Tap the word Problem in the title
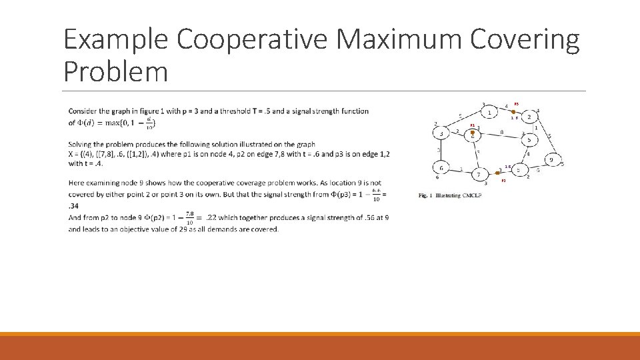click(x=115, y=71)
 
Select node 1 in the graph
click(x=490, y=113)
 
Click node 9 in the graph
click(x=551, y=161)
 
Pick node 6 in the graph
click(x=441, y=169)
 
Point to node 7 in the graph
click(x=478, y=175)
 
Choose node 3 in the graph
click(x=441, y=134)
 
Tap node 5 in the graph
click(x=529, y=141)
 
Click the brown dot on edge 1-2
click(x=513, y=111)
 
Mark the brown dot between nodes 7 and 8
click(x=497, y=173)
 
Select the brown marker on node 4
click(x=472, y=133)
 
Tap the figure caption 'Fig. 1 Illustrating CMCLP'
click(x=450, y=195)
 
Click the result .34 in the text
click(x=74, y=206)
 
